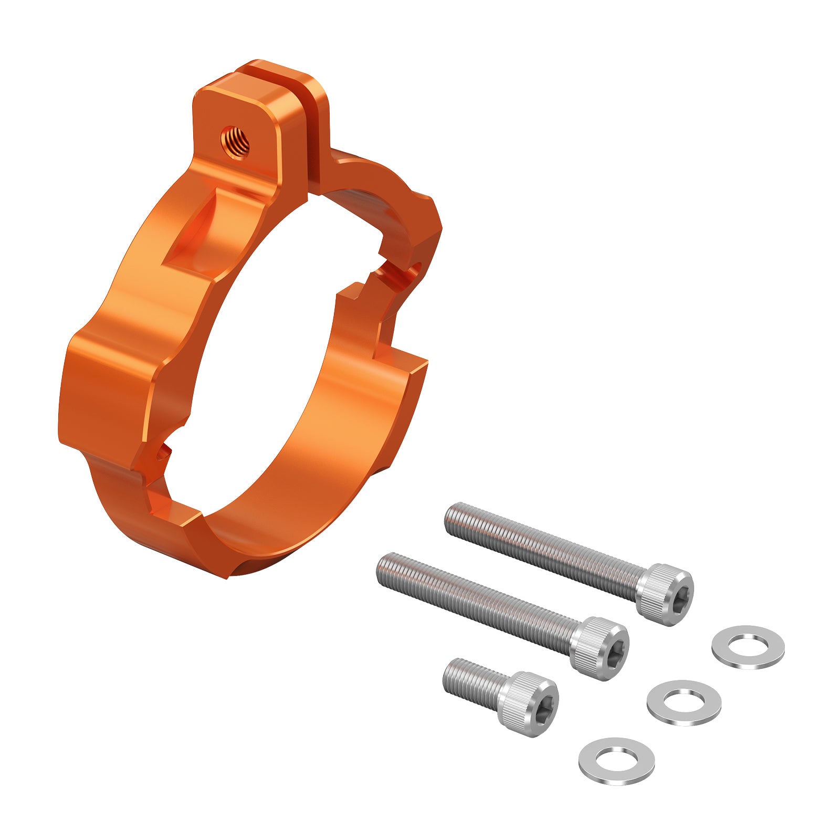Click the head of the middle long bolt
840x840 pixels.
[604, 648]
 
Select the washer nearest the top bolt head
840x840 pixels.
[748, 646]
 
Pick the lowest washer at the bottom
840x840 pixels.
[616, 761]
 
